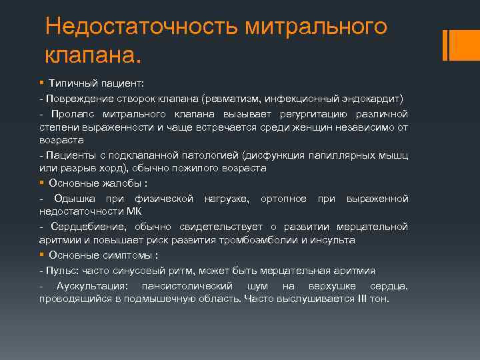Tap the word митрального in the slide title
[317, 27]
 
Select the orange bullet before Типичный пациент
[41, 83]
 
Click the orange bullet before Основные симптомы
[41, 255]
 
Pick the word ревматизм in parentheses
[234, 98]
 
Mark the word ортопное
[284, 199]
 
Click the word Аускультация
[93, 285]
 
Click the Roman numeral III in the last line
[363, 299]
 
